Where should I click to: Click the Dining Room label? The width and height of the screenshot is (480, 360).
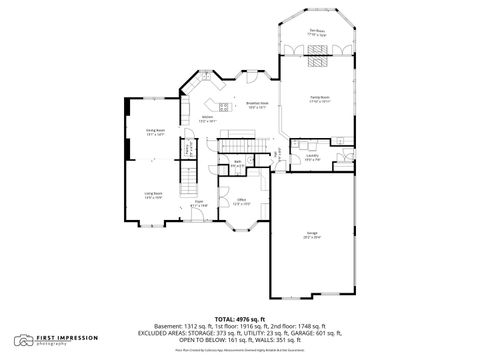coord(155,132)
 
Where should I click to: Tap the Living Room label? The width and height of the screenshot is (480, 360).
coord(154,196)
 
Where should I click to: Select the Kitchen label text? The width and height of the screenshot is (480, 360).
coord(206,119)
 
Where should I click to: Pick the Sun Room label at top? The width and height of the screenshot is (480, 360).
coord(319,32)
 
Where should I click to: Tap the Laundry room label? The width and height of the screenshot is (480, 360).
coord(311,157)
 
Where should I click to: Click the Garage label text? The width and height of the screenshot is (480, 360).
coord(312,235)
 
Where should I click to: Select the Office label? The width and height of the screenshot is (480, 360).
coord(241,202)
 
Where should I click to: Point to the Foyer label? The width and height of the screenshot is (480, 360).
coord(200,203)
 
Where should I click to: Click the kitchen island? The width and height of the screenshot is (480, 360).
coord(217,105)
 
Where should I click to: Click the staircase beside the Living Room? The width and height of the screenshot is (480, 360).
coord(186,181)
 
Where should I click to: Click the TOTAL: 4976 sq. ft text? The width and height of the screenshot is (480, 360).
coord(240,318)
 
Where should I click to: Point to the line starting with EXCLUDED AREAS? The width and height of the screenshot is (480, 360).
coord(240,332)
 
